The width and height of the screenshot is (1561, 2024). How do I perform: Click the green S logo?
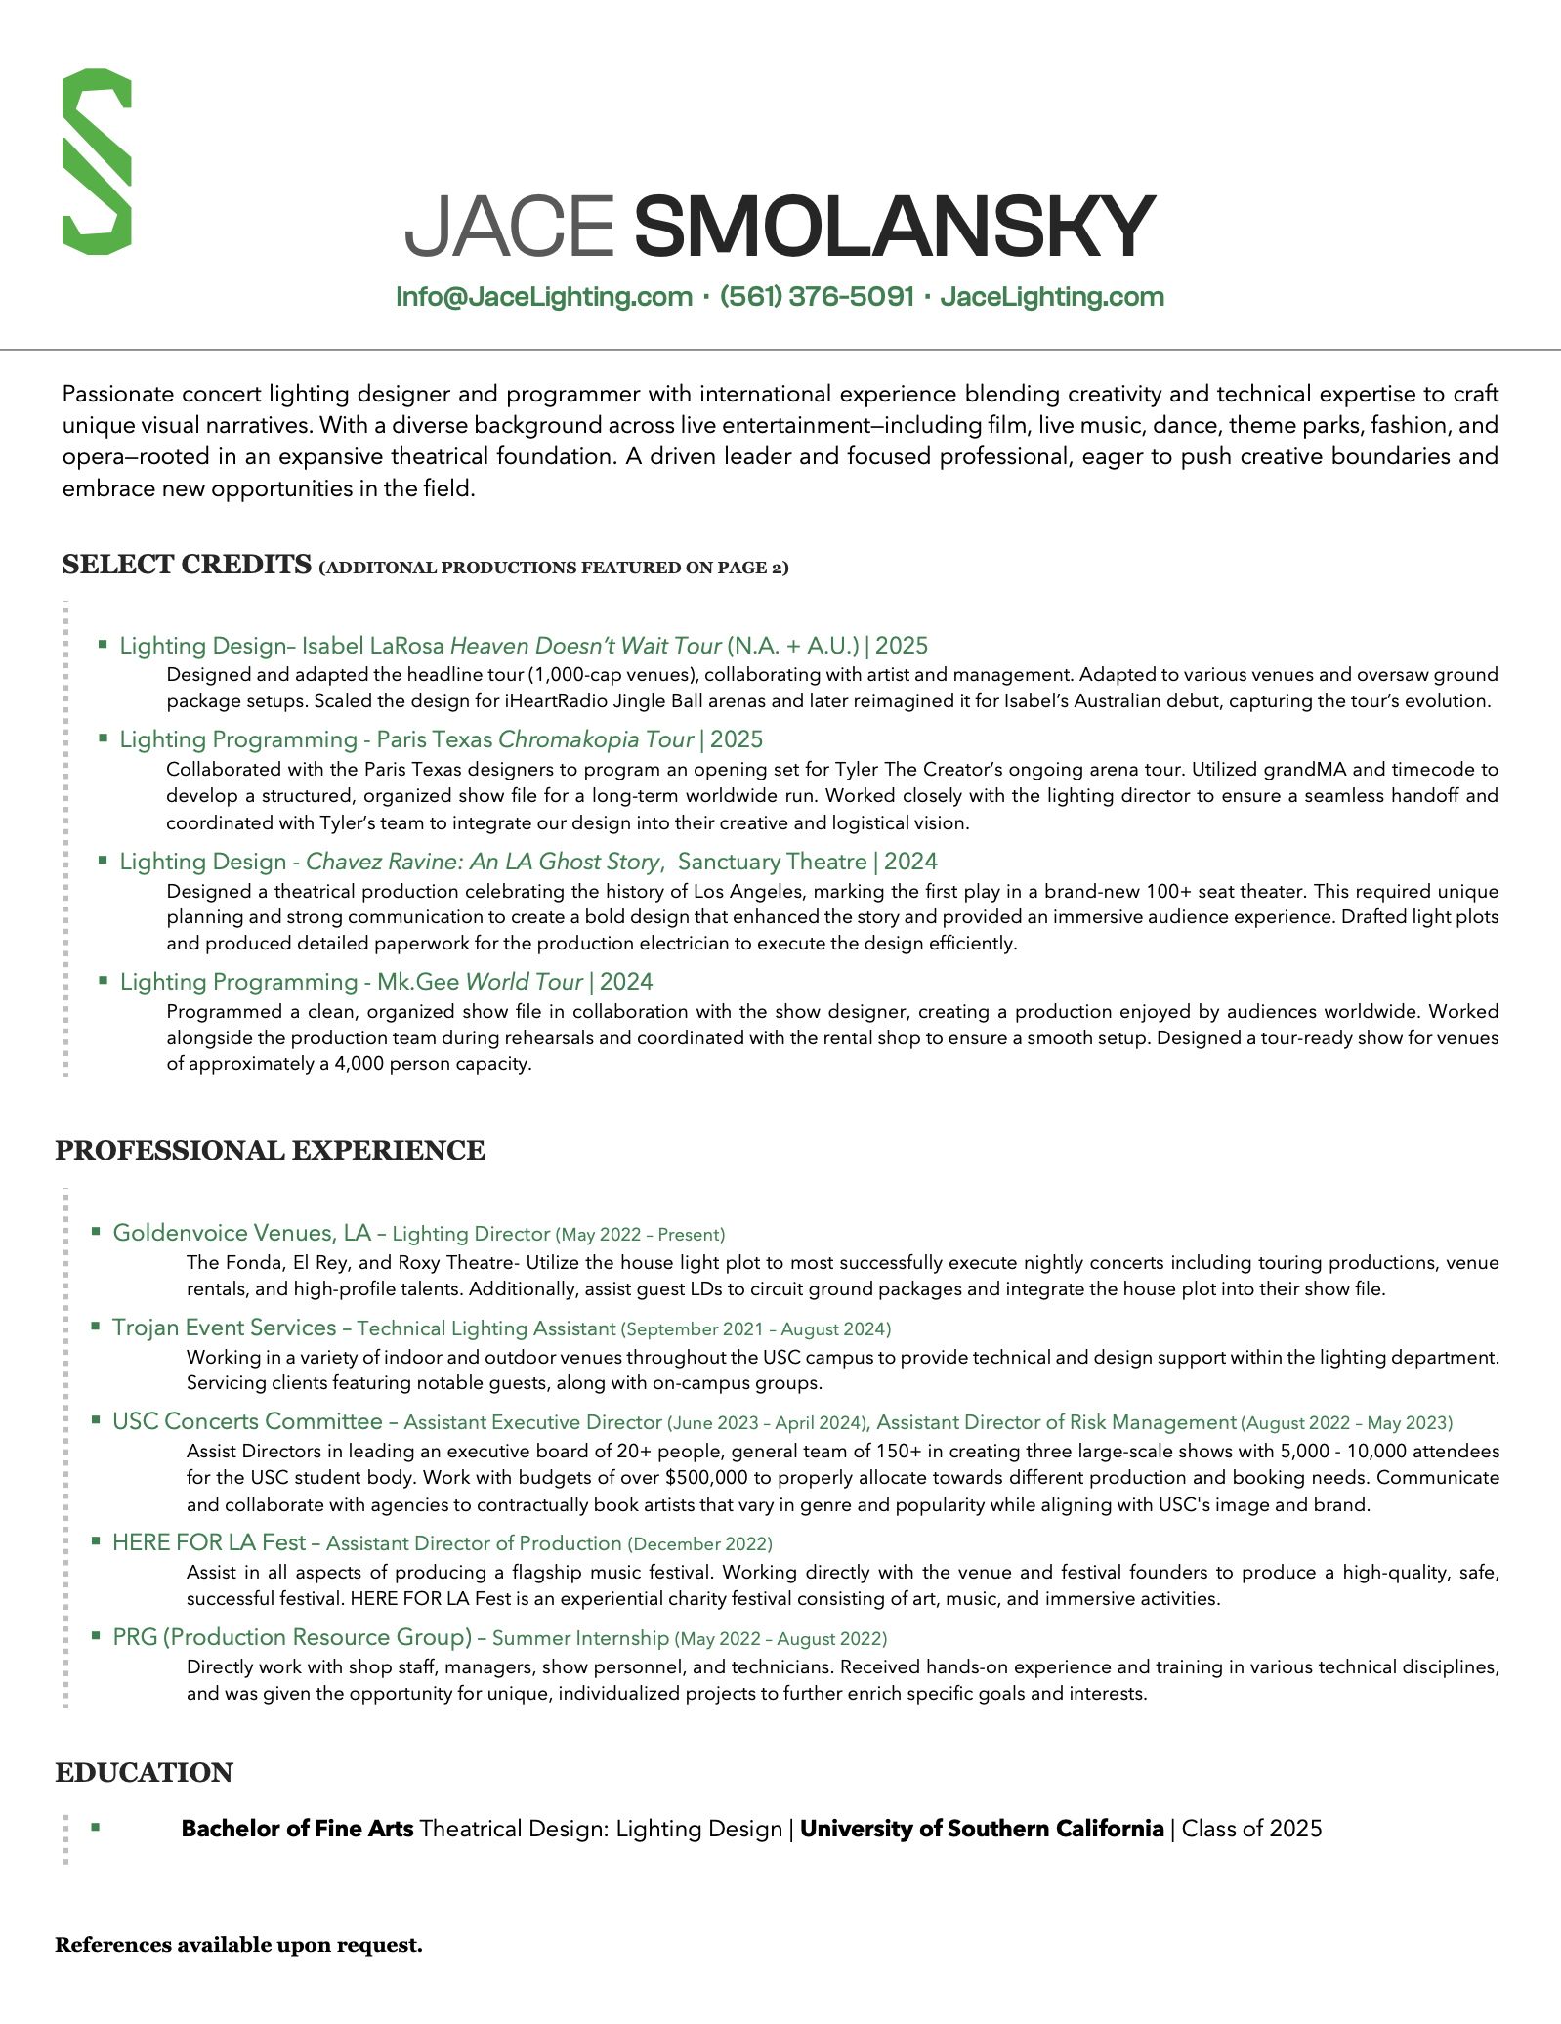pyautogui.click(x=97, y=162)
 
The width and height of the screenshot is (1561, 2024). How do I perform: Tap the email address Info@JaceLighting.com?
pyautogui.click(x=544, y=297)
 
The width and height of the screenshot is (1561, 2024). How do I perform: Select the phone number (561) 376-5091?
pyautogui.click(x=817, y=297)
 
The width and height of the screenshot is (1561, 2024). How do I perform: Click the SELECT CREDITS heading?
pyautogui.click(x=187, y=565)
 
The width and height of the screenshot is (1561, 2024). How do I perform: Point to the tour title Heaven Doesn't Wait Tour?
pyautogui.click(x=585, y=646)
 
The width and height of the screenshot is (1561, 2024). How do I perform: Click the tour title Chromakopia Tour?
pyautogui.click(x=596, y=739)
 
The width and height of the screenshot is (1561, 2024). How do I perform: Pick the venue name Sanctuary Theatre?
pyautogui.click(x=772, y=862)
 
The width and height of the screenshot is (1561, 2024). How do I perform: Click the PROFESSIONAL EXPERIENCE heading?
pyautogui.click(x=270, y=1151)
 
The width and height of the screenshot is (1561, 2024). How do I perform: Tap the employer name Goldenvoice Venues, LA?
pyautogui.click(x=242, y=1233)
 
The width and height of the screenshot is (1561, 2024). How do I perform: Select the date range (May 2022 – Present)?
pyautogui.click(x=640, y=1235)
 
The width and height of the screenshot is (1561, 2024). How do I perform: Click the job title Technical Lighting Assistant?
pyautogui.click(x=486, y=1328)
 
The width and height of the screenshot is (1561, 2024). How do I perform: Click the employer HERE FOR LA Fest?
pyautogui.click(x=209, y=1542)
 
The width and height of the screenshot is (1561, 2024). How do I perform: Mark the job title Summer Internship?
pyautogui.click(x=580, y=1638)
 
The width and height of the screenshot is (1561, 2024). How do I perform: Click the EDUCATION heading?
pyautogui.click(x=145, y=1773)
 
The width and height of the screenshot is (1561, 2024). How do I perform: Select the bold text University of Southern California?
pyautogui.click(x=982, y=1829)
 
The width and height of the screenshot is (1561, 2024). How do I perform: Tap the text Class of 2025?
pyautogui.click(x=1251, y=1829)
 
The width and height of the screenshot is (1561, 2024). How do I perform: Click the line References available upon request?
pyautogui.click(x=239, y=1945)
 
